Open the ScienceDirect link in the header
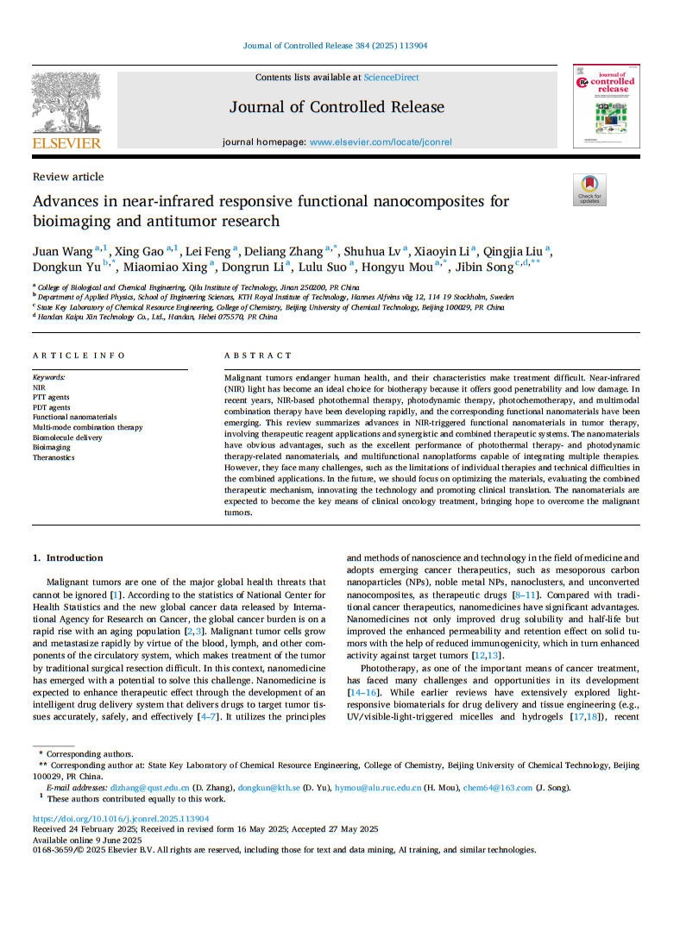coord(391,78)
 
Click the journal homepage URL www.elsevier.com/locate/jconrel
coord(380,142)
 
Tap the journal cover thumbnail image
coord(606,105)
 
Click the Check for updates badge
coord(589,189)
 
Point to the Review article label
coord(68,177)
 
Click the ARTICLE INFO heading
coord(79,356)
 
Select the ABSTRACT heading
coord(258,356)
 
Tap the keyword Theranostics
coord(54,457)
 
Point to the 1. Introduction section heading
coord(67,557)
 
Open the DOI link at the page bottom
coord(121,819)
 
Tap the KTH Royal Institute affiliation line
coord(276,297)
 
